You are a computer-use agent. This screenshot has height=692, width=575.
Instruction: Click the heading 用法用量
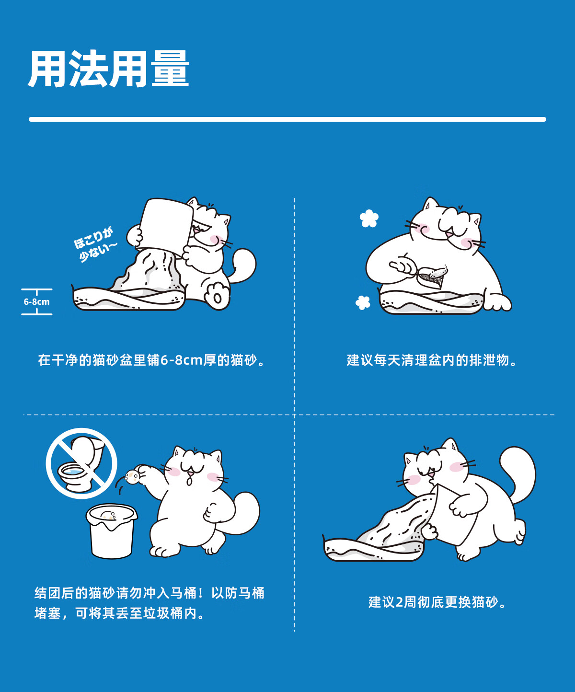(109, 69)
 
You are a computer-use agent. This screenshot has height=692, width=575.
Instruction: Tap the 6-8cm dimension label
(36, 301)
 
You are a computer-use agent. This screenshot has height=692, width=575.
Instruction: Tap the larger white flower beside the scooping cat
(369, 219)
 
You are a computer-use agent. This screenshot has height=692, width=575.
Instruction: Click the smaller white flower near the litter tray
(363, 302)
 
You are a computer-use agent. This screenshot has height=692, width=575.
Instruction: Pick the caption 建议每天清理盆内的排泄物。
(432, 360)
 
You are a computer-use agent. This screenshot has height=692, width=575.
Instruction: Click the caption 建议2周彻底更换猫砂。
(437, 602)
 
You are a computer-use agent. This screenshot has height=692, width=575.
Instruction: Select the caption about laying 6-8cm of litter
(151, 360)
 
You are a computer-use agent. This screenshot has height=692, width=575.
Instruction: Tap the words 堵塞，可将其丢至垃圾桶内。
(119, 613)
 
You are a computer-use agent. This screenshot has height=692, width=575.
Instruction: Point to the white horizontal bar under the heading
(287, 119)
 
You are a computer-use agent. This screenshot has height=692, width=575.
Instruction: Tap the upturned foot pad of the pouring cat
(217, 297)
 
